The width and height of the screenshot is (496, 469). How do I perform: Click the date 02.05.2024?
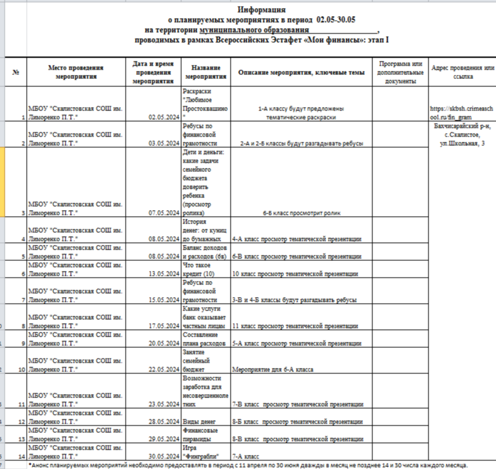click(164, 116)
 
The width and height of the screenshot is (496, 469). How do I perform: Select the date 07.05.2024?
click(164, 213)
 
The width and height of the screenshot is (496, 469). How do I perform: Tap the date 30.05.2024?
click(164, 456)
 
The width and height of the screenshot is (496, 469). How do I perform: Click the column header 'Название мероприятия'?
click(206, 72)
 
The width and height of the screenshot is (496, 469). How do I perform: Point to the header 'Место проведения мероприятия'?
click(76, 72)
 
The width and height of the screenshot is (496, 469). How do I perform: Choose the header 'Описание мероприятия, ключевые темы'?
click(301, 72)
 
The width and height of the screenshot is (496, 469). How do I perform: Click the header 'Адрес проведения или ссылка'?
click(463, 72)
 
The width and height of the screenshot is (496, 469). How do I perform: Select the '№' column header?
click(15, 72)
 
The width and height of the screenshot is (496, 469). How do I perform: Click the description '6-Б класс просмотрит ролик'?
click(301, 213)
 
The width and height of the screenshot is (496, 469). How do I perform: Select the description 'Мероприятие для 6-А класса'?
click(273, 369)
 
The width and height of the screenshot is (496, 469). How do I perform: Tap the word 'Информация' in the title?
click(261, 10)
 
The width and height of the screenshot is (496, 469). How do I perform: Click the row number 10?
click(22, 369)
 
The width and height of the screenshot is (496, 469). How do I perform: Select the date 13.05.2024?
click(164, 273)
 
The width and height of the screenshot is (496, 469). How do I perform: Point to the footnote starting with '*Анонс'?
click(248, 464)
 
